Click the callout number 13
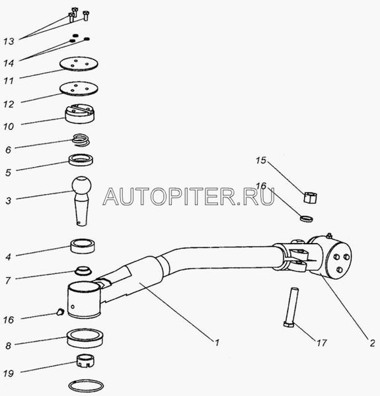click(x=9, y=41)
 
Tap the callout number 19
click(x=9, y=374)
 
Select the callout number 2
click(x=372, y=343)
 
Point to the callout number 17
click(x=322, y=343)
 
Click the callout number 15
click(x=261, y=160)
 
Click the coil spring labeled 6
click(x=81, y=140)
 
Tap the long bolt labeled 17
click(x=291, y=308)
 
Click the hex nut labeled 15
click(x=311, y=197)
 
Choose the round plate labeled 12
click(x=79, y=88)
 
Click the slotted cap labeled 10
click(x=80, y=114)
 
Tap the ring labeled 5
click(x=81, y=160)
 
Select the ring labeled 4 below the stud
click(x=83, y=246)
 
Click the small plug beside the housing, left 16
click(x=60, y=312)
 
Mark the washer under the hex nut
click(x=307, y=218)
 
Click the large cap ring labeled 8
click(x=85, y=339)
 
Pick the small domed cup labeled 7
click(x=83, y=271)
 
